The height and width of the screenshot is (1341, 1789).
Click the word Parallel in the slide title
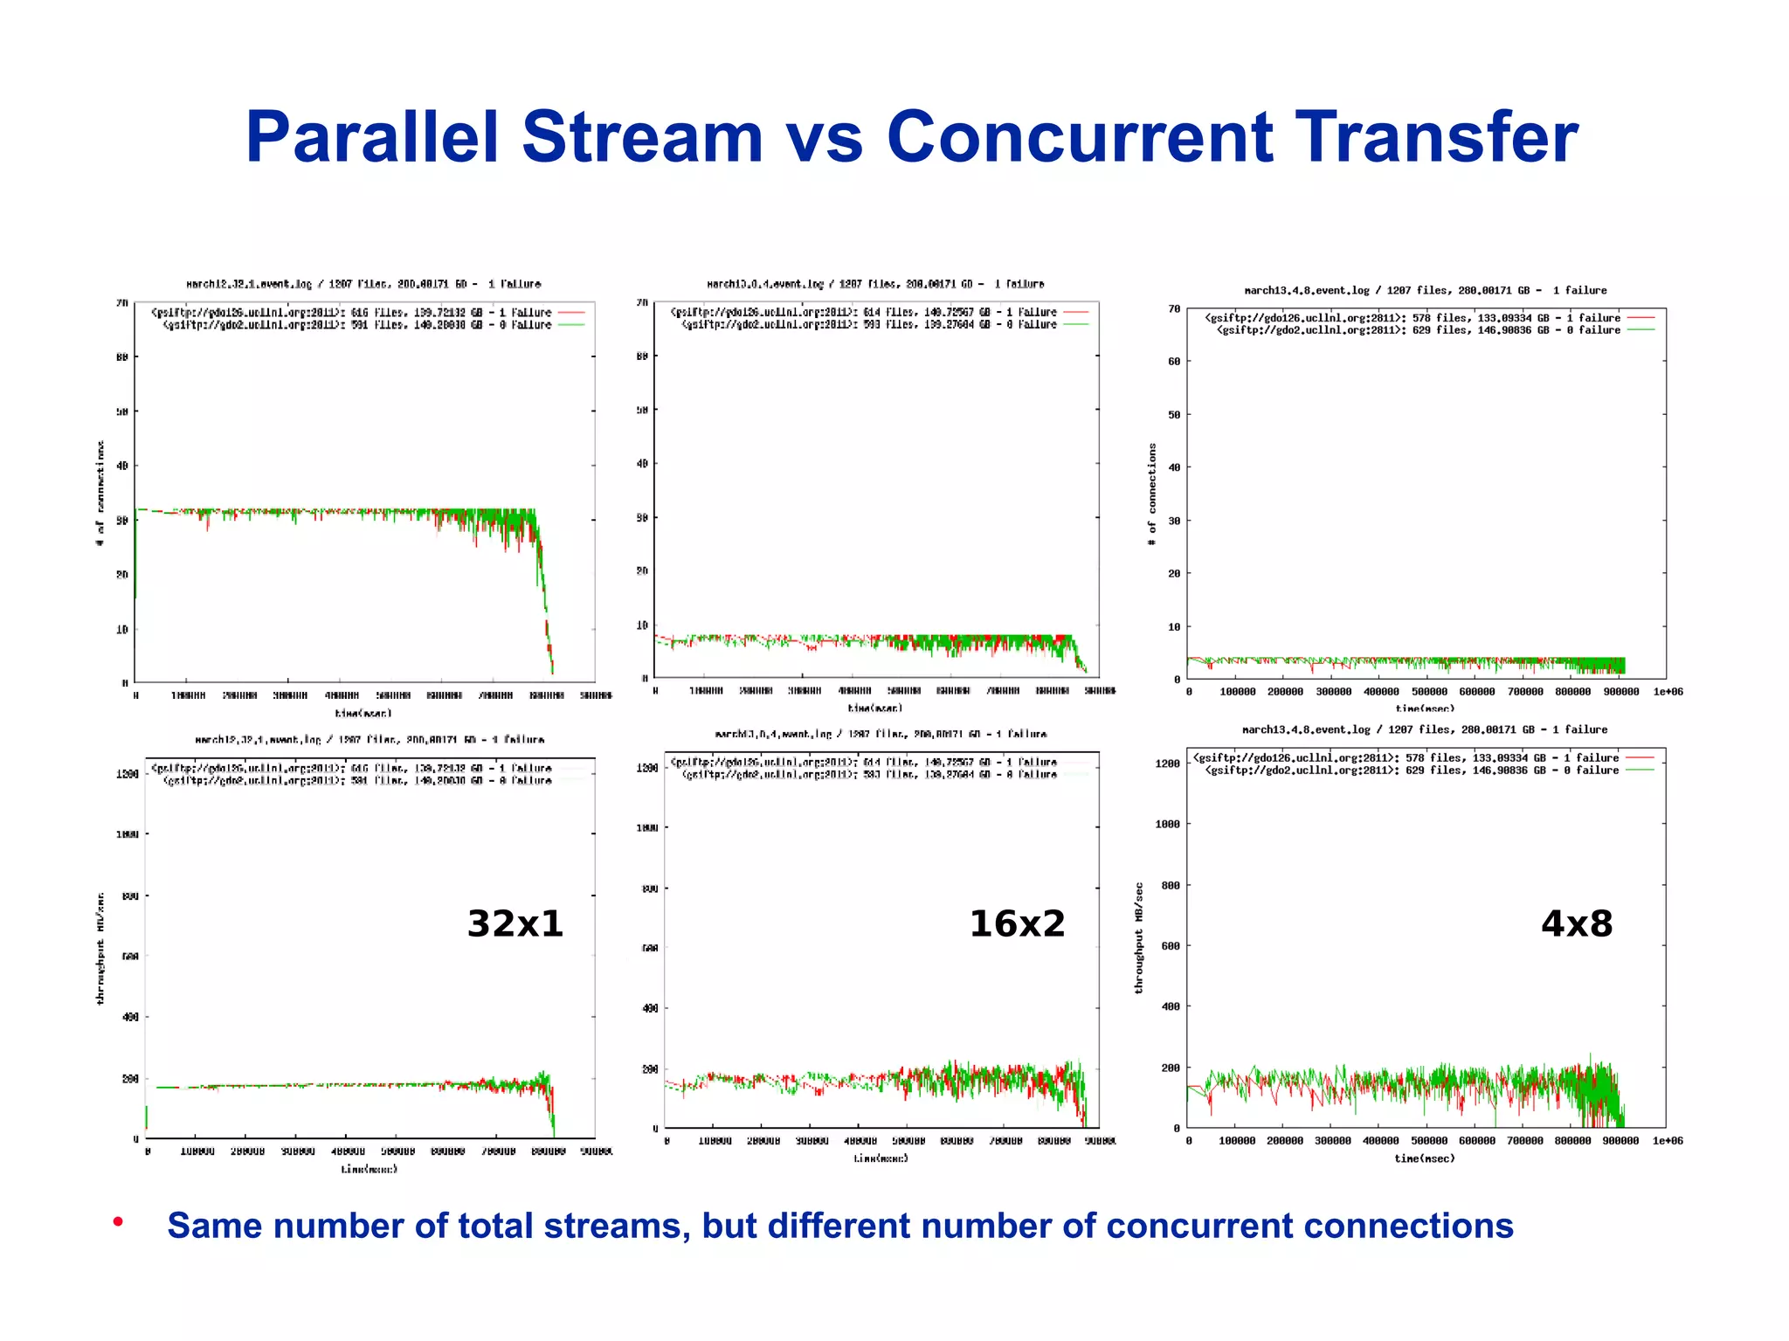(x=372, y=137)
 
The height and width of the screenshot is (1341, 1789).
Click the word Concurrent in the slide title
(x=1081, y=137)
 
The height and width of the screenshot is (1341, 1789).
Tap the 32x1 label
(x=515, y=923)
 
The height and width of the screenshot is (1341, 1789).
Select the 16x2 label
(x=1017, y=923)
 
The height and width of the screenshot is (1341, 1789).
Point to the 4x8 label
(x=1576, y=923)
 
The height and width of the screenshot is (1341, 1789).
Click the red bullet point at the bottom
(x=117, y=1221)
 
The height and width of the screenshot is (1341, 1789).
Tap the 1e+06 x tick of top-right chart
(x=1668, y=692)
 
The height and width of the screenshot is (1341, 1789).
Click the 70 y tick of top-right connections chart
(x=1174, y=308)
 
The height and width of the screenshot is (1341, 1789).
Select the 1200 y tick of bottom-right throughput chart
(x=1167, y=764)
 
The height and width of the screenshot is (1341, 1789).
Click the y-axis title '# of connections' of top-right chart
(x=1152, y=494)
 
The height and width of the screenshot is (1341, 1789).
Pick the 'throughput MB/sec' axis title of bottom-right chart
(x=1139, y=937)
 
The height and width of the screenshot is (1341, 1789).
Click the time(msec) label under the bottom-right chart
(x=1425, y=1158)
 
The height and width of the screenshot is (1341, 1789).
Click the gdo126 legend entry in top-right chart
(x=1413, y=318)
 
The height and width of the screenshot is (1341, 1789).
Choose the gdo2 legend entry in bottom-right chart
(x=1413, y=771)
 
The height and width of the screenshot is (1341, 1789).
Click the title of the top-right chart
(x=1425, y=290)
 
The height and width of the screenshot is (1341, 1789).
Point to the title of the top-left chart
(x=363, y=284)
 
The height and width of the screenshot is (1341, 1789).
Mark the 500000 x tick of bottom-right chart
(x=1429, y=1141)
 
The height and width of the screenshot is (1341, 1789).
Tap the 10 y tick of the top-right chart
(x=1174, y=626)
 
